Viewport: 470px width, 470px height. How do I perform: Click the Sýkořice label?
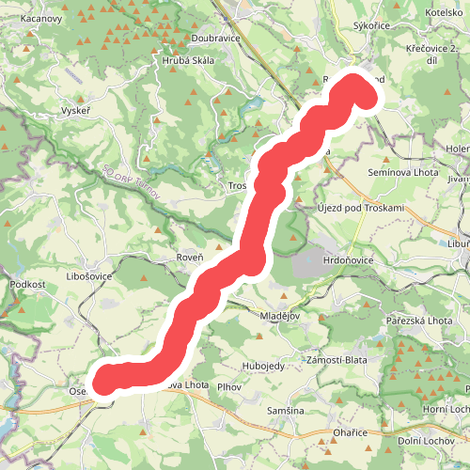(x=370, y=26)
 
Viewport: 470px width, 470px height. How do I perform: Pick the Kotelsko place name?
(x=444, y=12)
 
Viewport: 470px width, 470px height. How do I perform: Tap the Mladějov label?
(x=279, y=316)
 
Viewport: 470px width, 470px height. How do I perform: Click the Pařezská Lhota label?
(x=419, y=321)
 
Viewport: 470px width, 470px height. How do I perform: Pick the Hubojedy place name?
(x=262, y=341)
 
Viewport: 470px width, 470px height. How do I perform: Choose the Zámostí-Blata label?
(x=337, y=360)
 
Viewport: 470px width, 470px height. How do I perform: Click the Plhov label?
(x=229, y=386)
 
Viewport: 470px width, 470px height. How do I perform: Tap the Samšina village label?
(x=285, y=412)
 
